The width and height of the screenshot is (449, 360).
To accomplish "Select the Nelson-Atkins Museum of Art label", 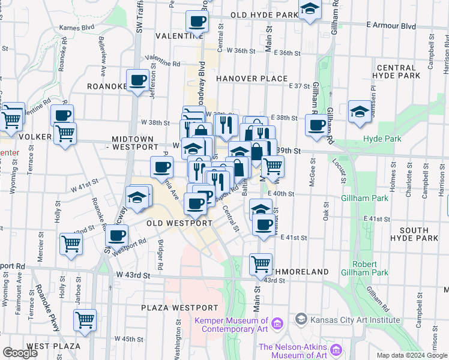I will (x=292, y=352).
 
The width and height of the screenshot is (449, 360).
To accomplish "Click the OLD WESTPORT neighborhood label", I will (x=179, y=223).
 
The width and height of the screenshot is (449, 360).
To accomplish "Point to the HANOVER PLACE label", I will (x=252, y=79).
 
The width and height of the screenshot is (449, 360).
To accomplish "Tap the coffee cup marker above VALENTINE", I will (x=196, y=22).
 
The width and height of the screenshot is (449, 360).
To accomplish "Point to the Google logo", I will (x=20, y=353).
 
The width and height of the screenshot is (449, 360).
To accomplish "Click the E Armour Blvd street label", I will (x=391, y=26).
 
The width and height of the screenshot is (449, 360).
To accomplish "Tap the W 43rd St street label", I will (x=133, y=275).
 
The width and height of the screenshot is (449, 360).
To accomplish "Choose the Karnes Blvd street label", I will (x=77, y=28).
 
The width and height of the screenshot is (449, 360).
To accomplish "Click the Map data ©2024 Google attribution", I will (x=412, y=355).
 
